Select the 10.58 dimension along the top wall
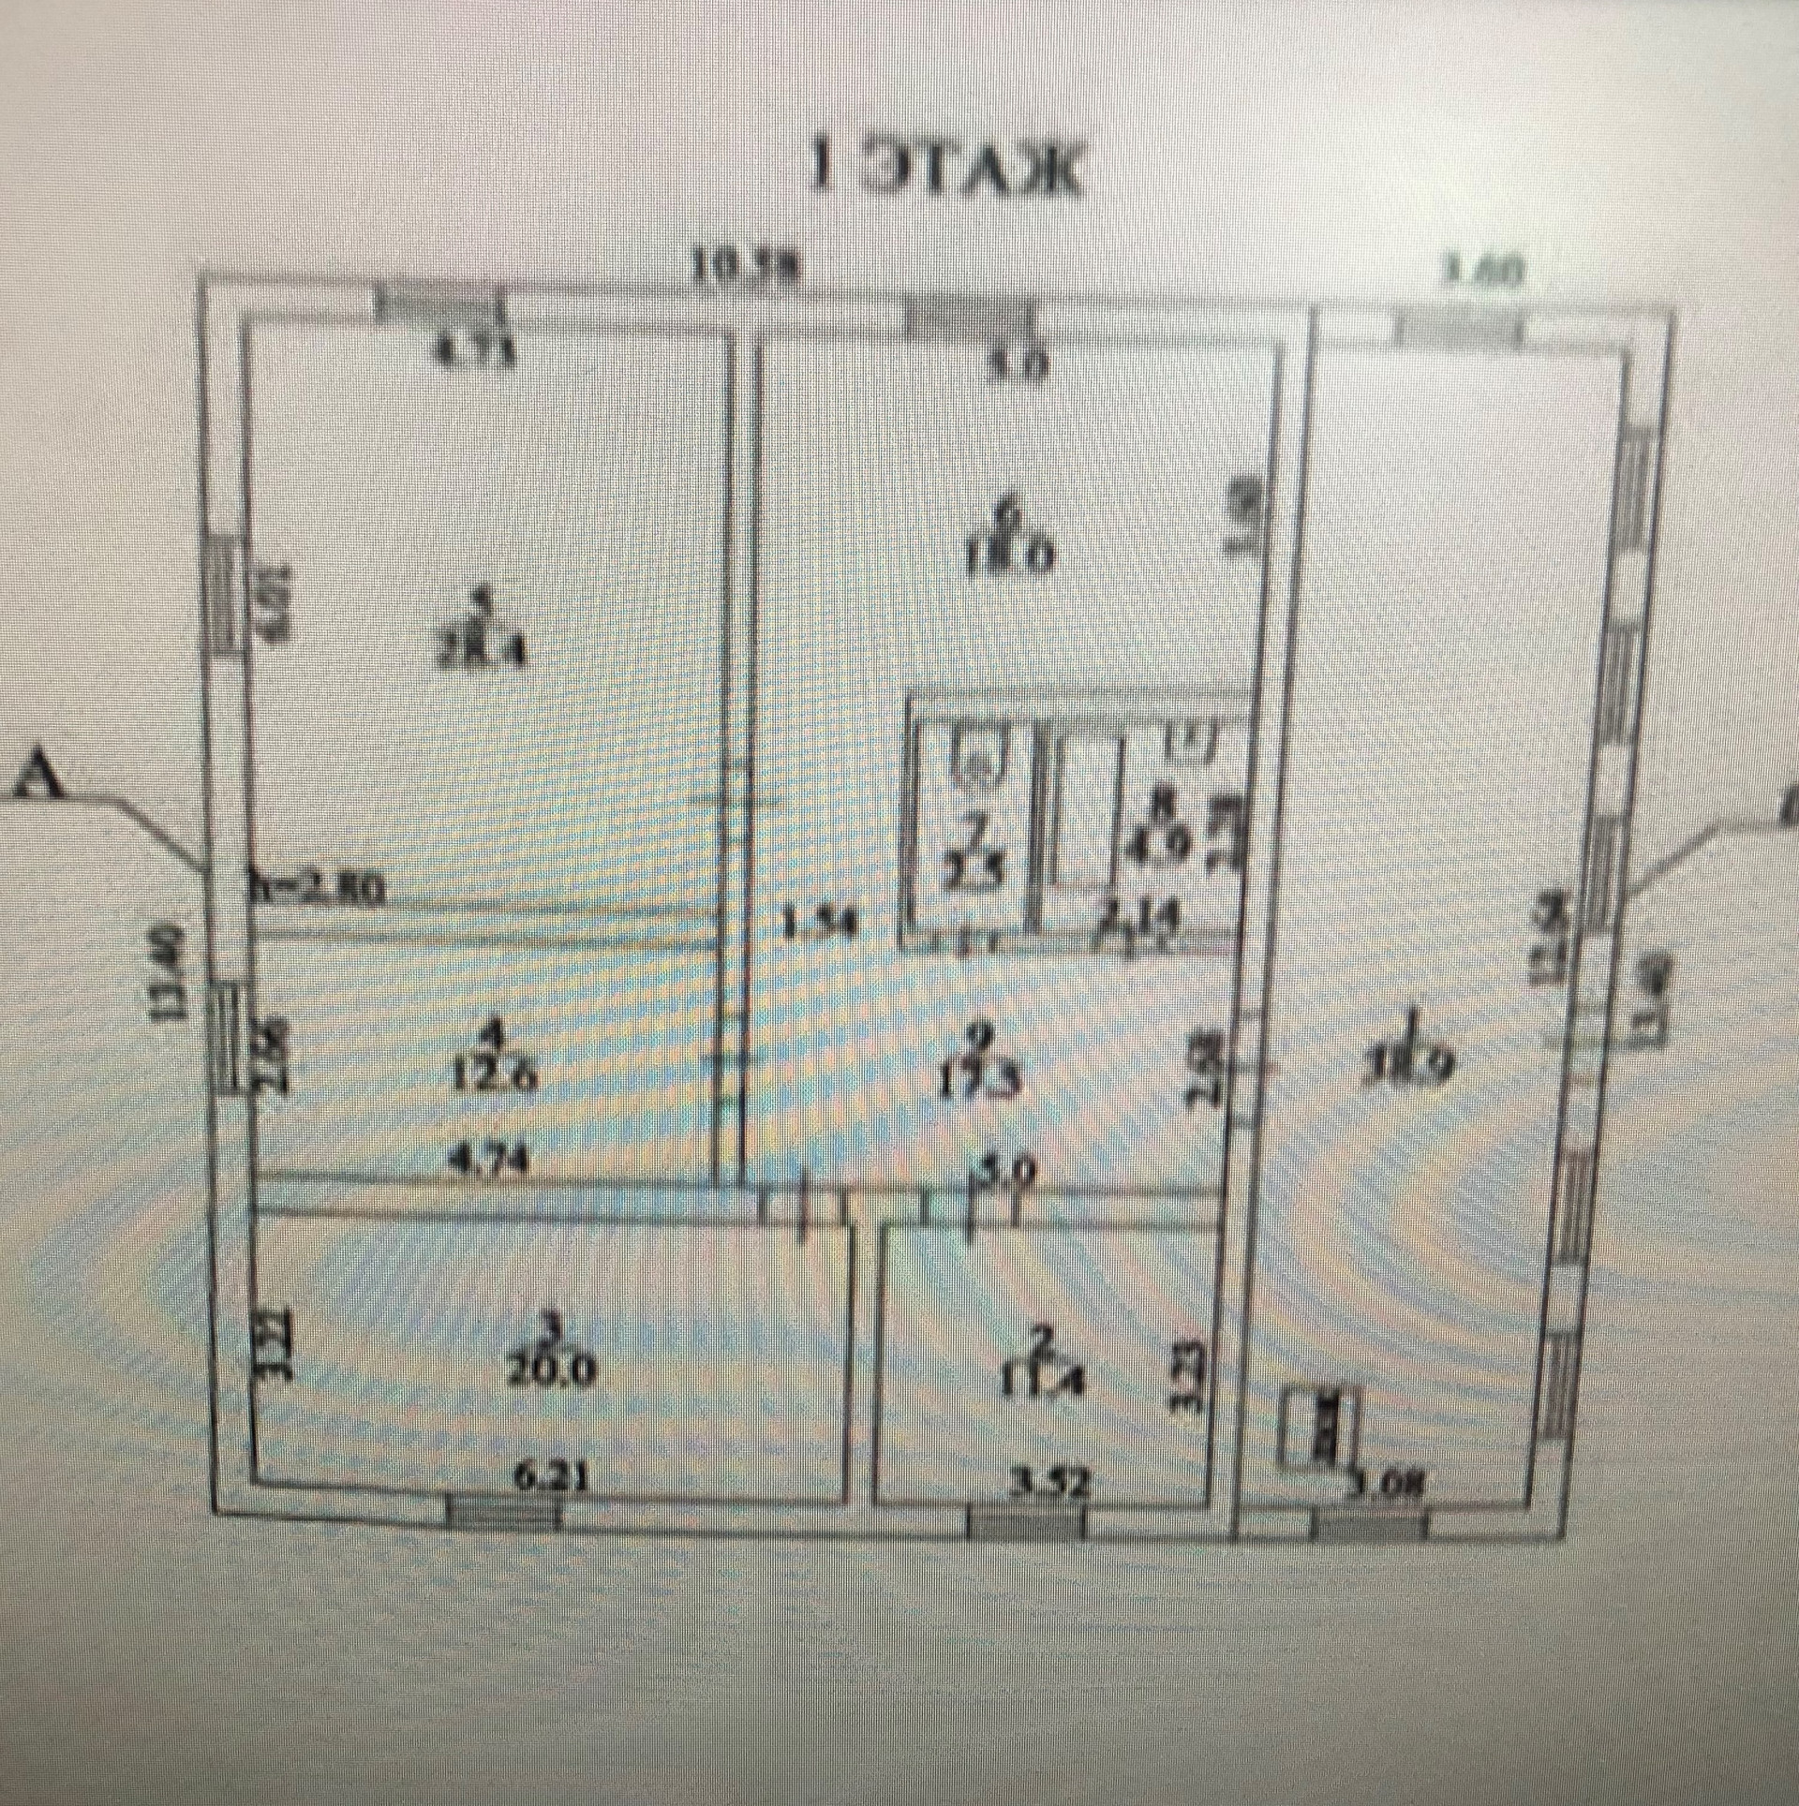point(746,270)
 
